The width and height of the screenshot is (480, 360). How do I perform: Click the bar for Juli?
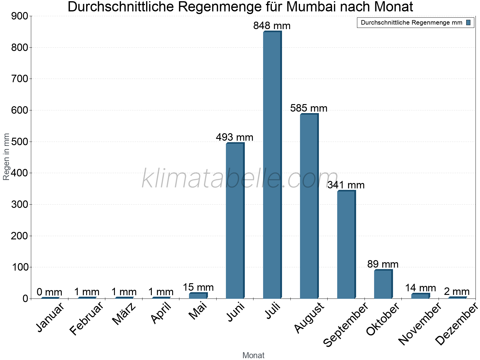click(x=272, y=165)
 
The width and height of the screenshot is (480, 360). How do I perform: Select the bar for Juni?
click(x=235, y=220)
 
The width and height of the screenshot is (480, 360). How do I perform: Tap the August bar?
click(x=309, y=206)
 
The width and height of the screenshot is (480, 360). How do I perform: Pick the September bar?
click(x=346, y=244)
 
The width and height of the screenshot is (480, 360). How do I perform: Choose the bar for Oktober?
click(x=383, y=284)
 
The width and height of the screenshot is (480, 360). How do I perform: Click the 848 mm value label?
click(x=272, y=26)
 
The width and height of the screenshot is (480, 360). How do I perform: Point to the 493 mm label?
click(x=235, y=137)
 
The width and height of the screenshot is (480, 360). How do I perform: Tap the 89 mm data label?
click(x=383, y=264)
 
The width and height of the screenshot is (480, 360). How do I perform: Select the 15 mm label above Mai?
click(x=198, y=287)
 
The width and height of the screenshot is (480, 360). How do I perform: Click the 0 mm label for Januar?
click(x=49, y=292)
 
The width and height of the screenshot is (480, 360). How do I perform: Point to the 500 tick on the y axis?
click(x=19, y=142)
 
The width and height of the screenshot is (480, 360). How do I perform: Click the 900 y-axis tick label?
click(x=19, y=16)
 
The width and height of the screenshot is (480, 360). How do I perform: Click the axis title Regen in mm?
click(x=6, y=157)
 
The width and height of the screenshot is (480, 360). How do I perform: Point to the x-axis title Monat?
click(x=253, y=355)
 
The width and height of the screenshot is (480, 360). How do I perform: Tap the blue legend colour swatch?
click(x=468, y=22)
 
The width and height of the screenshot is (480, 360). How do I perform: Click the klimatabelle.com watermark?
click(x=240, y=179)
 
